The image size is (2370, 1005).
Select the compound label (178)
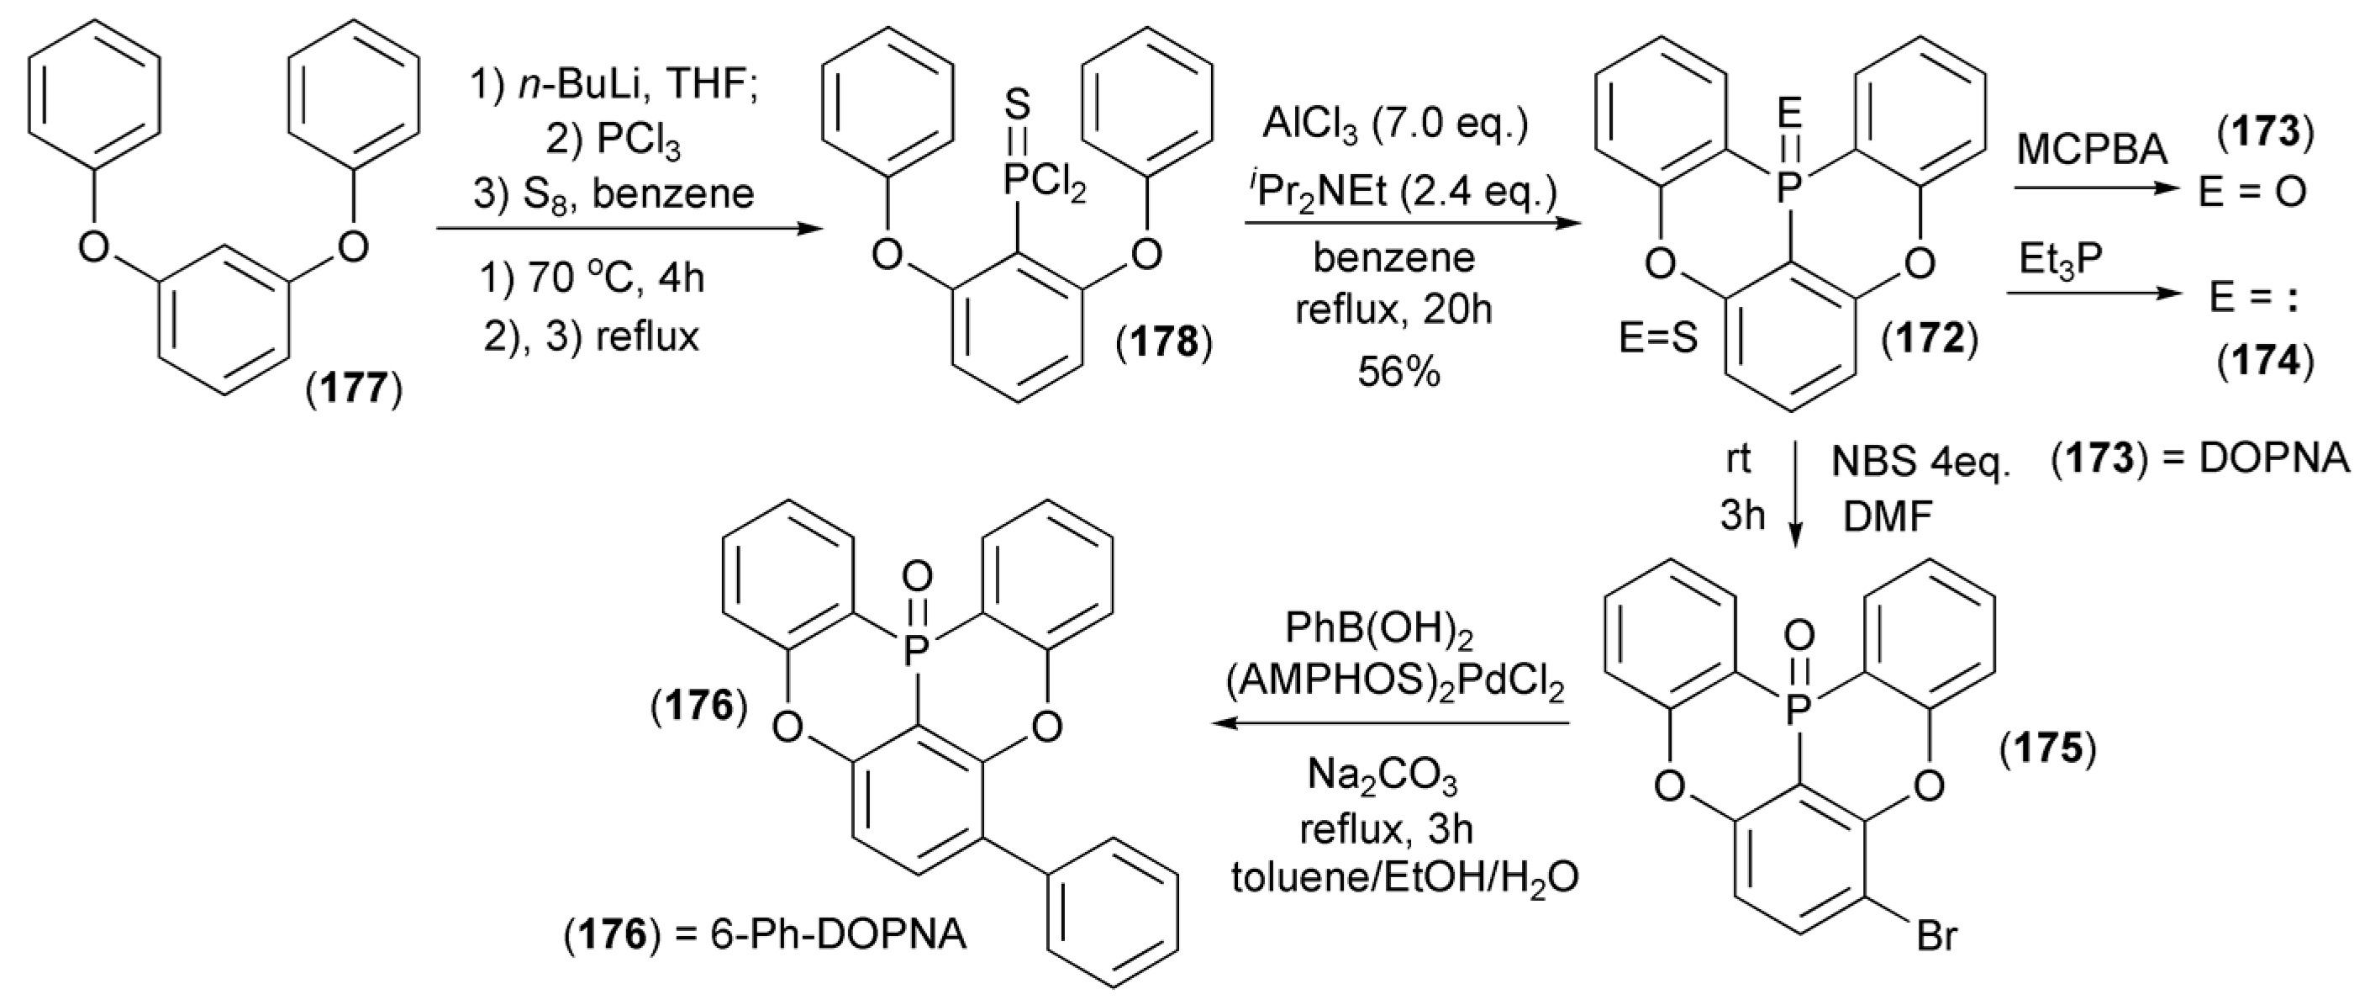pos(1164,343)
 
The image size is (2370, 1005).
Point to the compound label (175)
pos(2048,750)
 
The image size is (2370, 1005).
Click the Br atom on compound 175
pos(1935,962)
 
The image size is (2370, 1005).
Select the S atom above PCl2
pos(1016,106)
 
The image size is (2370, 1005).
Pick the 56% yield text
pos(1398,372)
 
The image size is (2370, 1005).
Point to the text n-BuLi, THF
pos(614,86)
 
